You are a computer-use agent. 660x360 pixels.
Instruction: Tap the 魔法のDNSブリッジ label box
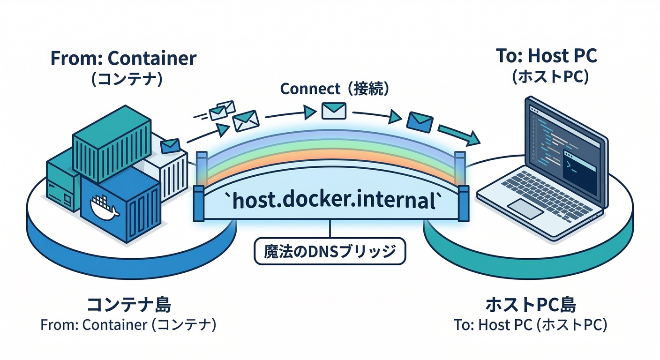(x=330, y=252)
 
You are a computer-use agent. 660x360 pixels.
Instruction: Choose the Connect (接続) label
(x=334, y=89)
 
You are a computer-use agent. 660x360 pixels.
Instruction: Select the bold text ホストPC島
(x=530, y=305)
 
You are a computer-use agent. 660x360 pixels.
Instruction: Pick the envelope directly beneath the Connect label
(x=334, y=110)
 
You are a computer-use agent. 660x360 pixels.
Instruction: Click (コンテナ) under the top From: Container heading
(x=127, y=78)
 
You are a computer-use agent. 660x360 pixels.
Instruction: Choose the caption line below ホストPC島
(x=531, y=325)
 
